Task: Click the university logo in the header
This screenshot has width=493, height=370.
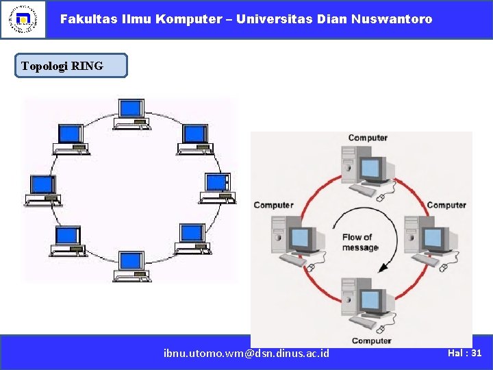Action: (23, 19)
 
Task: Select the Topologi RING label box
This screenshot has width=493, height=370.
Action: (71, 66)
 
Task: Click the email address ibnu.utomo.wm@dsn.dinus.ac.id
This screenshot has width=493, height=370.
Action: (246, 353)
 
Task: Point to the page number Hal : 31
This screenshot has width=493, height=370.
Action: (465, 352)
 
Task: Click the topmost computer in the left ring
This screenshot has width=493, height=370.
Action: (131, 114)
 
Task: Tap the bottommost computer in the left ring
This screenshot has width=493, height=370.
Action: (131, 266)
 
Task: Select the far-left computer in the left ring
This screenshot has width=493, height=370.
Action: (43, 190)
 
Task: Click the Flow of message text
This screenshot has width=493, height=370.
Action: (359, 243)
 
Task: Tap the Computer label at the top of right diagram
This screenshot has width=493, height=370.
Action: (368, 138)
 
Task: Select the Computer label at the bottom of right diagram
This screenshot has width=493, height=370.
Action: (371, 341)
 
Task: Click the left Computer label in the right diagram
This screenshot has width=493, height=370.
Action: (273, 205)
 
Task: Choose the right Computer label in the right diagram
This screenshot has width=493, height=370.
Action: (446, 205)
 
